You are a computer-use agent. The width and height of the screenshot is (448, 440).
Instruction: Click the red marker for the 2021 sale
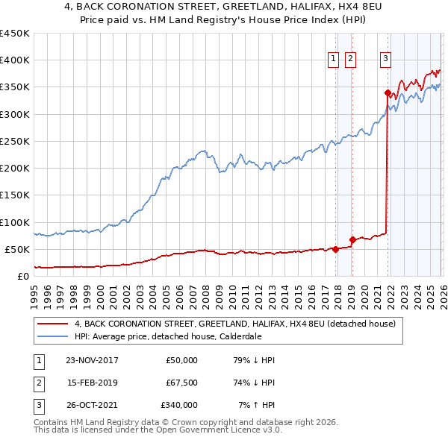pos(388,93)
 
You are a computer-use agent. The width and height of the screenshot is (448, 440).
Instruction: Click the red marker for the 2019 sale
pos(352,240)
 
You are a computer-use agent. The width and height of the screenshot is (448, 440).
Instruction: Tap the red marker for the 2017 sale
pos(336,249)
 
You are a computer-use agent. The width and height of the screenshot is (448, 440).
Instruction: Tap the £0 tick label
pos(22,276)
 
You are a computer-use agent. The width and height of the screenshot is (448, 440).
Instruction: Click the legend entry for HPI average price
pos(168,336)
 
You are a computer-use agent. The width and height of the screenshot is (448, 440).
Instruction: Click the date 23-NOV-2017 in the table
pos(93,360)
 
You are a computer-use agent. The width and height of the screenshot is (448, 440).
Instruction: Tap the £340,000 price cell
pos(179,405)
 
